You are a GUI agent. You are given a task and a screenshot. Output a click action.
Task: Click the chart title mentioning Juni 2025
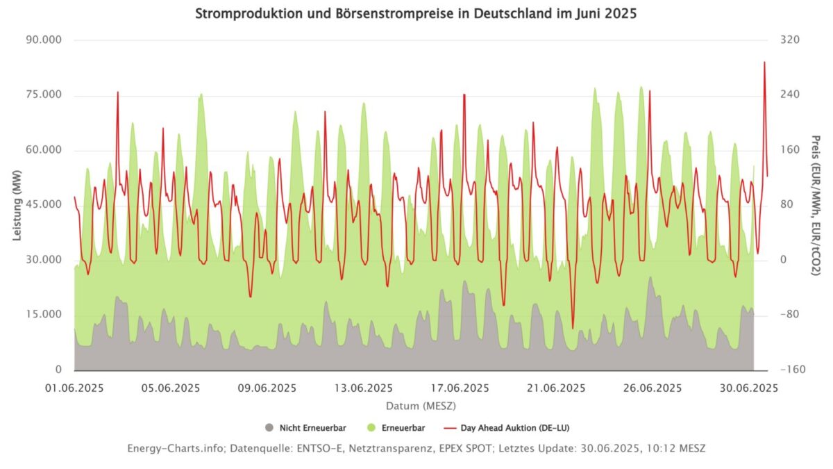[416, 14]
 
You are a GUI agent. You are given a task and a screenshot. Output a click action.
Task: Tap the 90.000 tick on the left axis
[43, 40]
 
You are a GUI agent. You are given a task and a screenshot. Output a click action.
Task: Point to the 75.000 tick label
[43, 95]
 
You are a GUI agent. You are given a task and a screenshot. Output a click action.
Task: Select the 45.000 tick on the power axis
[43, 205]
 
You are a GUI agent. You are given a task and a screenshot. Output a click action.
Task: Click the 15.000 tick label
[43, 315]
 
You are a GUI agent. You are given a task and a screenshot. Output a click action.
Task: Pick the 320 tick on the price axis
[790, 40]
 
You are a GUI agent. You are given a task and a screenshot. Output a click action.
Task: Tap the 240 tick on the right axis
[790, 95]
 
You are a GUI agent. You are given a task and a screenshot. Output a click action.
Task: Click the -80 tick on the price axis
[789, 315]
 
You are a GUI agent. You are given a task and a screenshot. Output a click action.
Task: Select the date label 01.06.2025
[74, 388]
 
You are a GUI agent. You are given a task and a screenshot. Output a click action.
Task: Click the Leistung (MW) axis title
[17, 205]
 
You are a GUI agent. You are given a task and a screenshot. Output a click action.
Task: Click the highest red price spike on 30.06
[764, 63]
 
